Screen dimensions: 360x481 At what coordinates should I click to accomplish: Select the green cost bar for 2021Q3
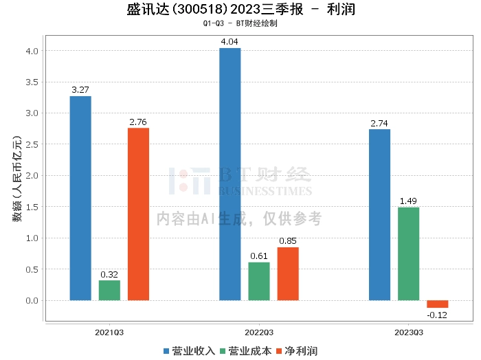(109, 290)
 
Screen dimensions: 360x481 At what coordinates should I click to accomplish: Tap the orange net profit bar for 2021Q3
(138, 214)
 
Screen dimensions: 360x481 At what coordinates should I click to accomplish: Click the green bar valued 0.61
(259, 281)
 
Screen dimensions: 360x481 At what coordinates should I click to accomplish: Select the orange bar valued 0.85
(288, 273)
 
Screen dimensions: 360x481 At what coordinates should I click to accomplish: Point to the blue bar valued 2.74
(379, 214)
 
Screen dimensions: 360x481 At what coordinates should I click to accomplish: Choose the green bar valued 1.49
(408, 254)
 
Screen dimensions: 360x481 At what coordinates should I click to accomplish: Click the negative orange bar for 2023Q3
(437, 304)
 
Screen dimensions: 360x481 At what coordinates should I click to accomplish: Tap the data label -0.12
(437, 315)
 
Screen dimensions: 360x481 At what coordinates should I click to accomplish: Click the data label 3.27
(80, 89)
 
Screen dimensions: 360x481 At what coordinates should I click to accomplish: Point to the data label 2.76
(138, 122)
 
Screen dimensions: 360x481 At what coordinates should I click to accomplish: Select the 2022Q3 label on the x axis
(259, 332)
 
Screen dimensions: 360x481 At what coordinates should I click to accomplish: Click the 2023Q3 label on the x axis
(408, 332)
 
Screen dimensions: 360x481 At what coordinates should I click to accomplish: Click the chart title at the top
(240, 10)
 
